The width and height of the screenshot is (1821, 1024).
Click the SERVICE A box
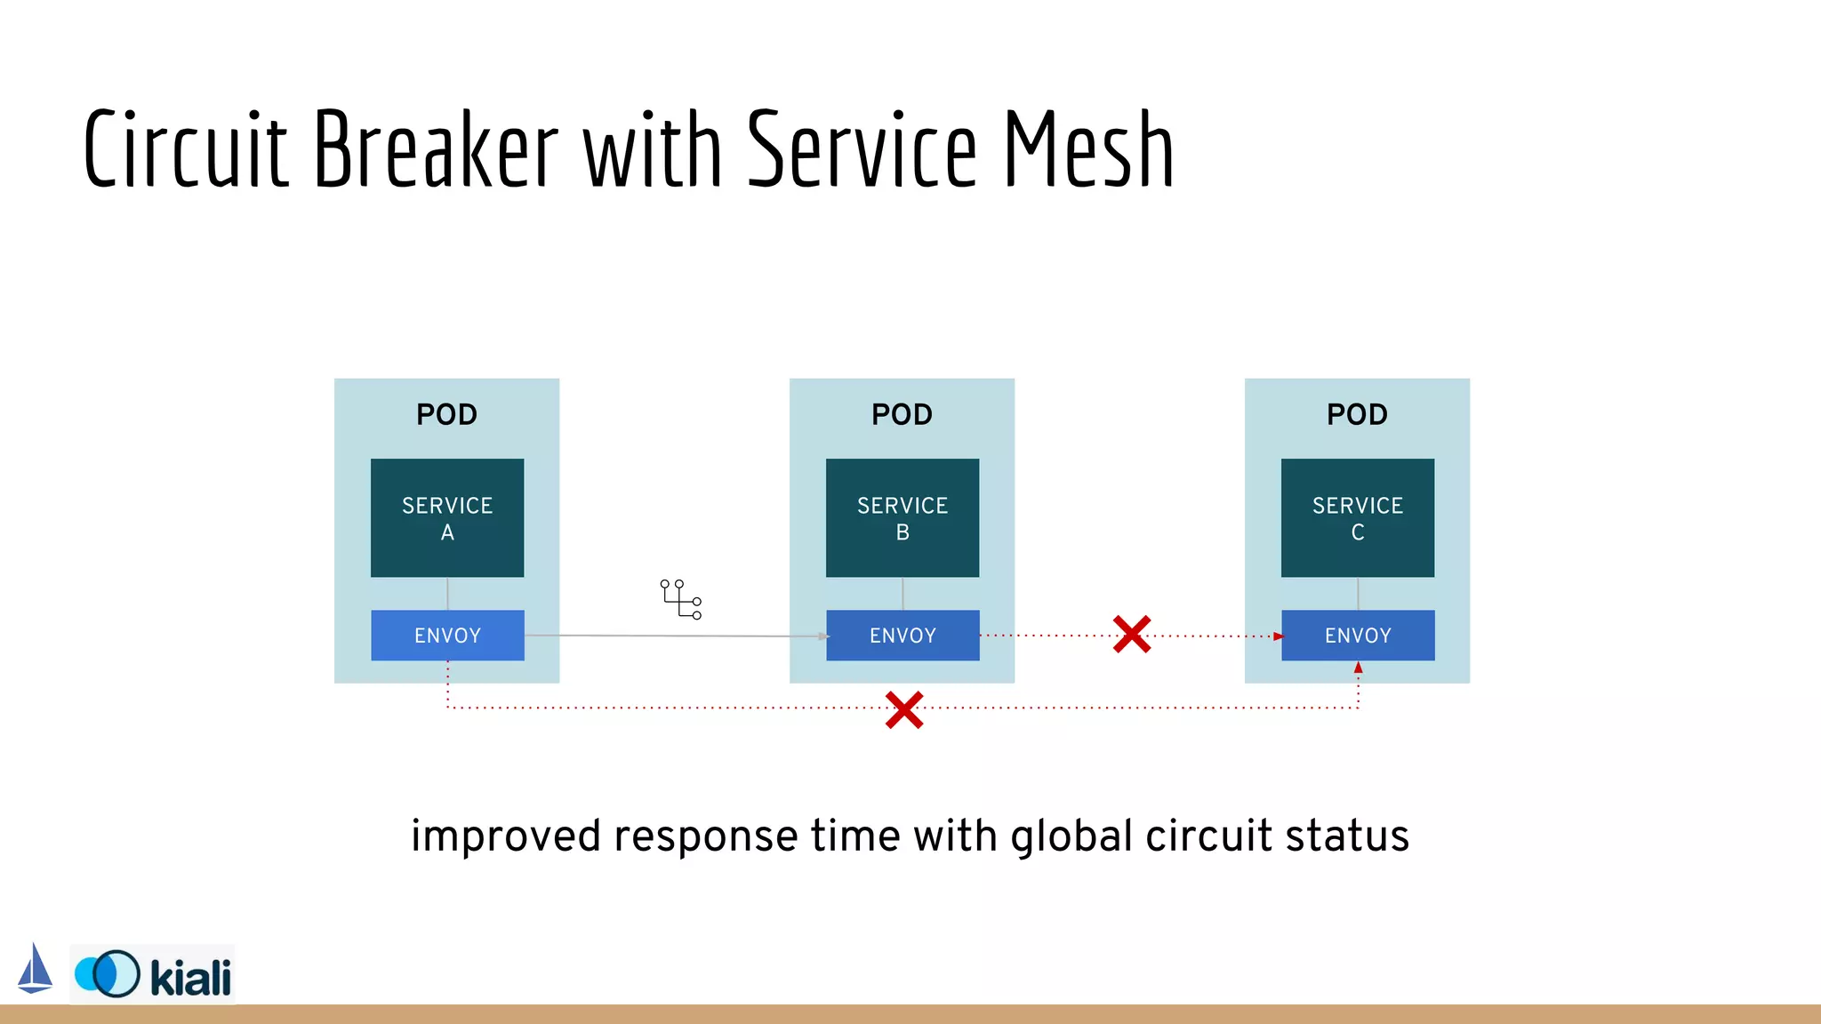pyautogui.click(x=447, y=518)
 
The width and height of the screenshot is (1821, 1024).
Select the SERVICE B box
pyautogui.click(x=902, y=518)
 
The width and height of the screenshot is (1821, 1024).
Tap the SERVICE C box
pyautogui.click(x=1358, y=518)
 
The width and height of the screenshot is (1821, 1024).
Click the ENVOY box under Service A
pyautogui.click(x=447, y=636)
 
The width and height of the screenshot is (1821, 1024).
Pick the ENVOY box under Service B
pyautogui.click(x=902, y=636)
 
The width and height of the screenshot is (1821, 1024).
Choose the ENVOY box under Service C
pyautogui.click(x=1358, y=636)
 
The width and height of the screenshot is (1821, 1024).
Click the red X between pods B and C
pyautogui.click(x=1132, y=635)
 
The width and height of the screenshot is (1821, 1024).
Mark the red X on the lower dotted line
pyautogui.click(x=904, y=710)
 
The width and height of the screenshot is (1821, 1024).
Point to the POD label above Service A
pyautogui.click(x=447, y=414)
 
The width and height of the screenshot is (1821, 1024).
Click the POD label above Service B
pyautogui.click(x=902, y=414)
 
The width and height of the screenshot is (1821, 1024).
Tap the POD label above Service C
pyautogui.click(x=1358, y=414)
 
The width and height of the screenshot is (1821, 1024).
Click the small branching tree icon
pyautogui.click(x=681, y=599)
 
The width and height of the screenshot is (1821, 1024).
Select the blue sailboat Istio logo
pyautogui.click(x=35, y=969)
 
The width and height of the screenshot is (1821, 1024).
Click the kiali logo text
pyautogui.click(x=190, y=978)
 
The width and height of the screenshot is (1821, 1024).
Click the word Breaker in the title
pyautogui.click(x=436, y=149)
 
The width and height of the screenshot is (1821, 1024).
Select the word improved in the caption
pyautogui.click(x=505, y=836)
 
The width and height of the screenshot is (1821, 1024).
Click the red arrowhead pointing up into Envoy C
pyautogui.click(x=1358, y=668)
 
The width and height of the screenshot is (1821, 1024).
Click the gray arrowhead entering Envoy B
pyautogui.click(x=824, y=636)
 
